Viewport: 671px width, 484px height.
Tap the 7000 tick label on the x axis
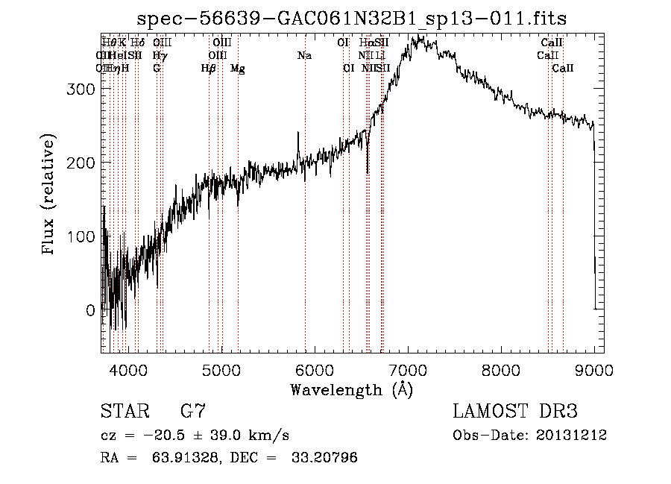[x=407, y=369]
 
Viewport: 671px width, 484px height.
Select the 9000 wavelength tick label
[x=593, y=369]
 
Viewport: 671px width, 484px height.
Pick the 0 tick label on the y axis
[x=90, y=309]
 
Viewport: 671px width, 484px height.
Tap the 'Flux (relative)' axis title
[x=50, y=195]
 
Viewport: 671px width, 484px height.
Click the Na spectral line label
[x=304, y=55]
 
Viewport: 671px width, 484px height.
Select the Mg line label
[x=238, y=69]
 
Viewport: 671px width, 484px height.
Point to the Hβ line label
[x=209, y=69]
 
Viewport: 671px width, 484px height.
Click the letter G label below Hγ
[x=157, y=69]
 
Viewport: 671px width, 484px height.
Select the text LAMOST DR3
[x=515, y=412]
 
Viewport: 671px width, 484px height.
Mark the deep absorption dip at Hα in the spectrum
[x=368, y=170]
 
